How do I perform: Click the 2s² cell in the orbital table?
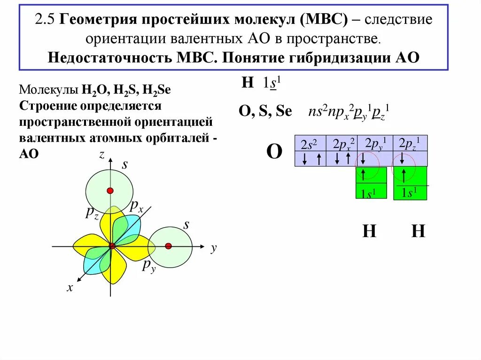(310, 144)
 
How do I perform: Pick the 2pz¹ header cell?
(410, 144)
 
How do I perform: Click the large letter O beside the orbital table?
(274, 152)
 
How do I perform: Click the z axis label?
(101, 155)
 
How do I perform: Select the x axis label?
(70, 288)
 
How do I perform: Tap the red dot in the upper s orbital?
(110, 191)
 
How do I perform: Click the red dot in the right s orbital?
(169, 246)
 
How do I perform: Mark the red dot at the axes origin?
(112, 246)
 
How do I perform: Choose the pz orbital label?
(92, 213)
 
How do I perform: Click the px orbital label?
(137, 206)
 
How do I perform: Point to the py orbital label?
(149, 267)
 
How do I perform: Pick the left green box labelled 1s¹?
(371, 183)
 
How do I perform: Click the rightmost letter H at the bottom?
(418, 231)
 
